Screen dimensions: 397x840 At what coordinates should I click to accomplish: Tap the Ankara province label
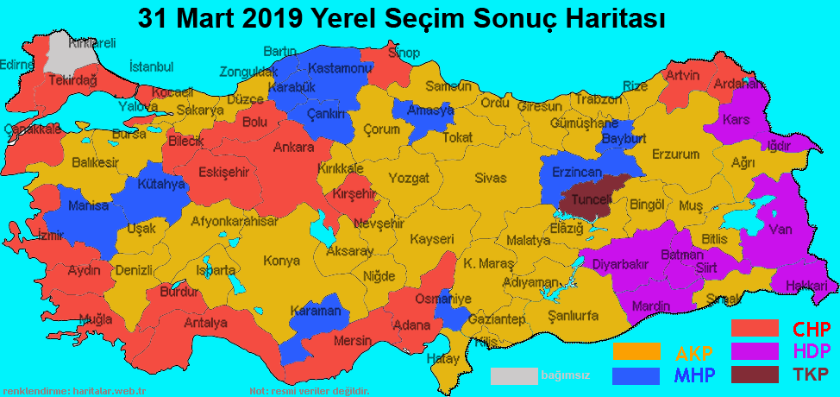click(x=293, y=148)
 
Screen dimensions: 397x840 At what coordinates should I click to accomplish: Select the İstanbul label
click(x=151, y=66)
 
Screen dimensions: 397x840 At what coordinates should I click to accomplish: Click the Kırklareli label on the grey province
click(x=92, y=42)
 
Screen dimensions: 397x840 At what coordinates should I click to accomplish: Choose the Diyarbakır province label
click(x=620, y=265)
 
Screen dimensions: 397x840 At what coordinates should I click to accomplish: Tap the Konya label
click(x=281, y=261)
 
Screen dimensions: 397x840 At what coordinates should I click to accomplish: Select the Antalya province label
click(x=206, y=323)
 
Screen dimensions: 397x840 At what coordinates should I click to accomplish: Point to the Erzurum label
click(x=675, y=154)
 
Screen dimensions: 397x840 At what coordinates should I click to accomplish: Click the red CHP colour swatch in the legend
click(x=755, y=329)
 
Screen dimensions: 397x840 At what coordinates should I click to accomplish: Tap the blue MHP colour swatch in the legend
click(x=636, y=375)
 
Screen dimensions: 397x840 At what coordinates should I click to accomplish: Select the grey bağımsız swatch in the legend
click(x=514, y=375)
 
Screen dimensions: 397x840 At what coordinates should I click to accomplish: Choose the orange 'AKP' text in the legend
click(x=693, y=353)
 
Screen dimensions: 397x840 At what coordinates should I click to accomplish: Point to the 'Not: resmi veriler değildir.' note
click(x=309, y=391)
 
